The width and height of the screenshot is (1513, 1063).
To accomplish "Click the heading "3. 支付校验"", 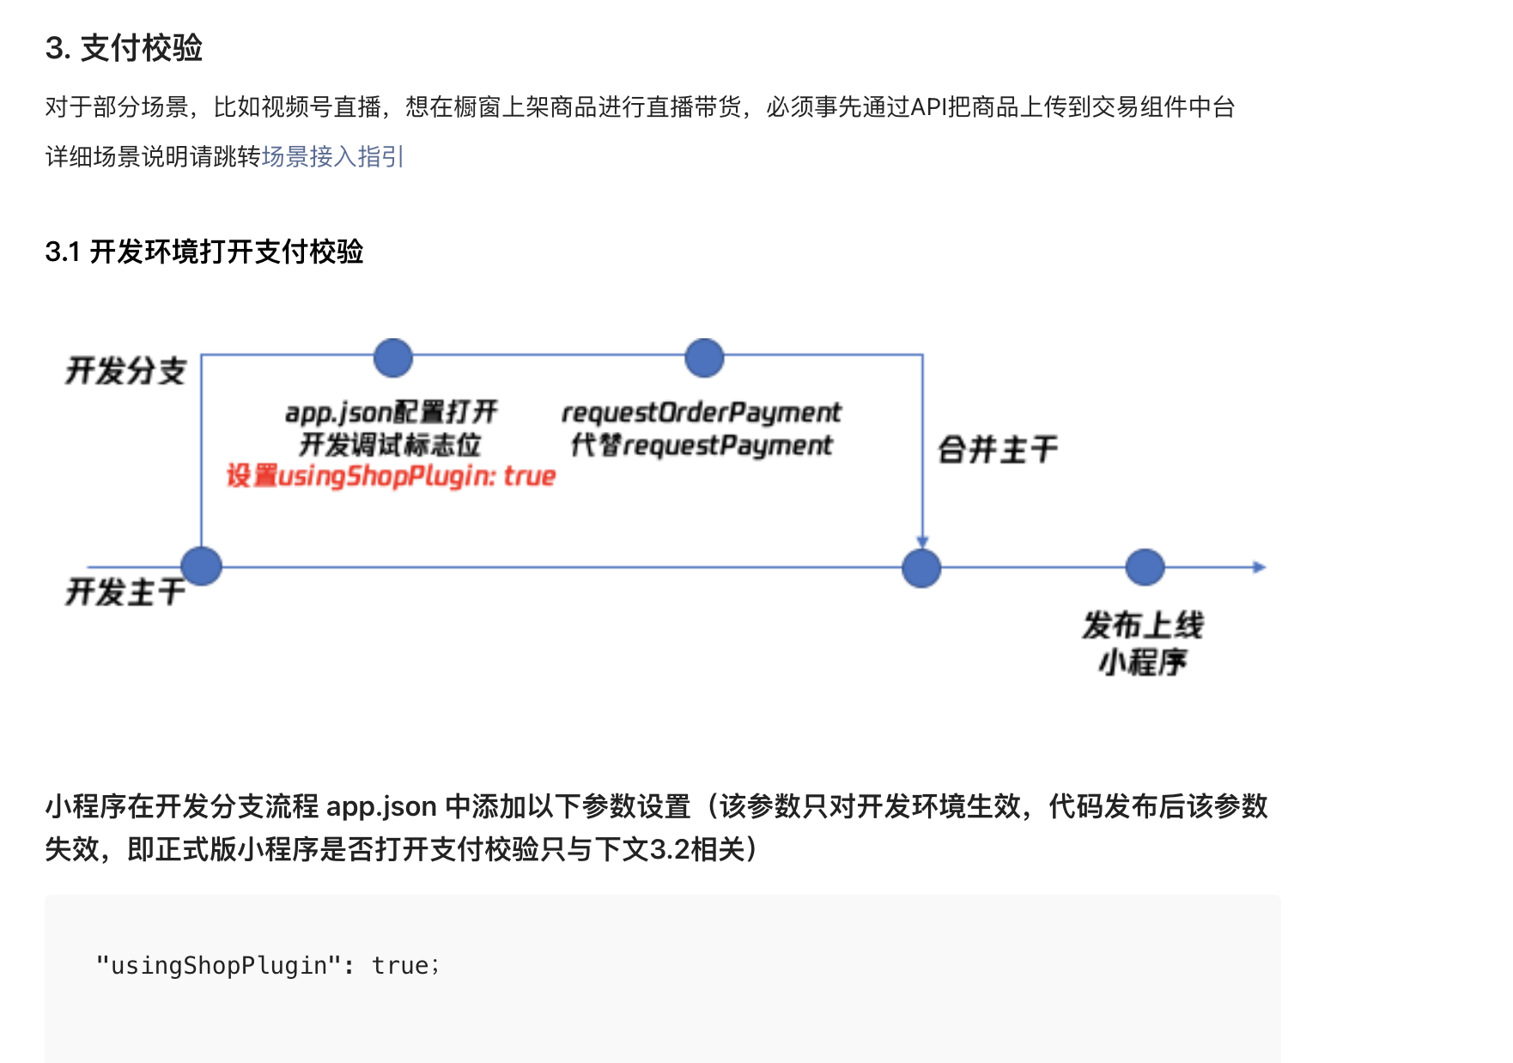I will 124,48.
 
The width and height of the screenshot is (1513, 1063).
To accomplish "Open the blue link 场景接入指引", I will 332,156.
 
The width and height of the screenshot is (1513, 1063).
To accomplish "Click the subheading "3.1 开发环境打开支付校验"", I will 204,252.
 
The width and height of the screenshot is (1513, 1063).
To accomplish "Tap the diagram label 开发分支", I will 125,371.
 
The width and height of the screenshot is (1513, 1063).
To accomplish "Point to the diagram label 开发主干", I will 125,592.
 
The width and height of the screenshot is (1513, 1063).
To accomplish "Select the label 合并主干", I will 998,449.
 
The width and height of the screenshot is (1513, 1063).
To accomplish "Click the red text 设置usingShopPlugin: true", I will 391,476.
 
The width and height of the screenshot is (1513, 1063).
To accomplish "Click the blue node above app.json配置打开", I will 393,357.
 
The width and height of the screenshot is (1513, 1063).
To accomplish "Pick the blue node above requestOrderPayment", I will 704,357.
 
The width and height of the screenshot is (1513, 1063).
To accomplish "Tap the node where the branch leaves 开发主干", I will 202,567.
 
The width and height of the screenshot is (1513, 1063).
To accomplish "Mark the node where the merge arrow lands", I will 921,568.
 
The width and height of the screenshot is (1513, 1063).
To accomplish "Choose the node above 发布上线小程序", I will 1145,568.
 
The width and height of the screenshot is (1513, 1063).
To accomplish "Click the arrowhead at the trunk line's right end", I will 1259,567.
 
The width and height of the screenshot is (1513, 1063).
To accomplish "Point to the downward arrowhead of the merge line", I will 922,542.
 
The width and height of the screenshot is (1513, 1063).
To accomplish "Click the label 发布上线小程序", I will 1143,643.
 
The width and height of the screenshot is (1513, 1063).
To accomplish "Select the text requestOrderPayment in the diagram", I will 702,413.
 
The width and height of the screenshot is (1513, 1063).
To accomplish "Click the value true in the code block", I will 400,966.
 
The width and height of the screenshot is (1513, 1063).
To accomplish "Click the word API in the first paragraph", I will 927,107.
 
